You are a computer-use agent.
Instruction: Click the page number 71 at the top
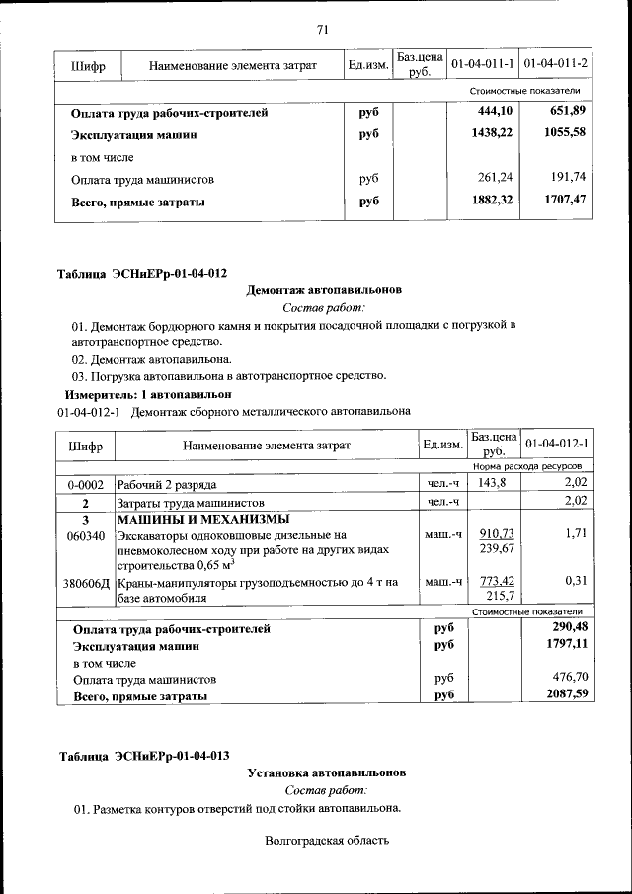(322, 28)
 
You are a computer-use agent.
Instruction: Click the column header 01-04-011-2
(555, 65)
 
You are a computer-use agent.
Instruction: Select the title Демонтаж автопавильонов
(324, 291)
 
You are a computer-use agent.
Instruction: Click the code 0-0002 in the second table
(86, 484)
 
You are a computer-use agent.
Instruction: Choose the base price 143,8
(492, 483)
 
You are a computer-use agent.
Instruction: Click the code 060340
(86, 535)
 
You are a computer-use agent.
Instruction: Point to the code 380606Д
(87, 583)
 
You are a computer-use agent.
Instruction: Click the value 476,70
(568, 679)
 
